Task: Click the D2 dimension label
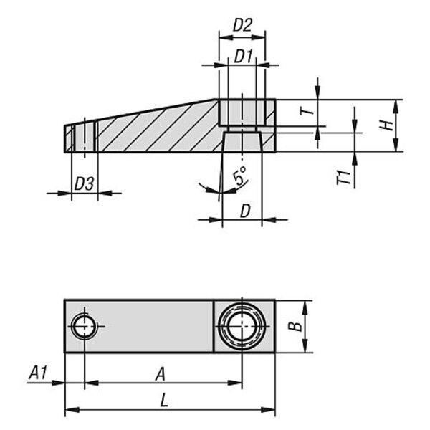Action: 242,26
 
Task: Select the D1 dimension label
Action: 243,57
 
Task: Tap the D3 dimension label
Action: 84,183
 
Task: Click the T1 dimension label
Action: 344,178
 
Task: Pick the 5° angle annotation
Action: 240,176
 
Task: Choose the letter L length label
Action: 164,400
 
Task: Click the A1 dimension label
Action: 38,373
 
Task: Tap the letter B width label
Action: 295,326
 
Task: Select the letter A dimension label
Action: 161,374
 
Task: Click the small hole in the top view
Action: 84,326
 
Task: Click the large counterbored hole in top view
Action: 242,326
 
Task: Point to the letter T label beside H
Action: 307,111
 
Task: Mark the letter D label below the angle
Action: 245,211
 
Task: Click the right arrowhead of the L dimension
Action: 268,410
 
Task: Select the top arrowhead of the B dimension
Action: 305,308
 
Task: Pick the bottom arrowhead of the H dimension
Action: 396,145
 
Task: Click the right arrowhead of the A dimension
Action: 235,383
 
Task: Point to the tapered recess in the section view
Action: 242,142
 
